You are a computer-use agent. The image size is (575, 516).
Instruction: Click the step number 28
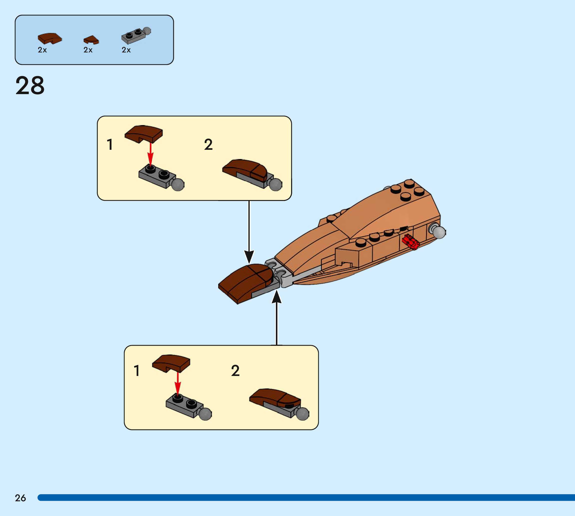[30, 86]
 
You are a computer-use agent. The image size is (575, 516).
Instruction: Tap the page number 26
[20, 498]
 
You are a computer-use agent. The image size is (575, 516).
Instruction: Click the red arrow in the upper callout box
[151, 155]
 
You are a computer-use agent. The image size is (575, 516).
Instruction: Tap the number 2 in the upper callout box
[208, 145]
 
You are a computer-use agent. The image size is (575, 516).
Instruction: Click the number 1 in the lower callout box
[137, 371]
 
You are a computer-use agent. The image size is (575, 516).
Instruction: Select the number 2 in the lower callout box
[235, 371]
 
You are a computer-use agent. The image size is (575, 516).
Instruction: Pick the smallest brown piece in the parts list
[91, 40]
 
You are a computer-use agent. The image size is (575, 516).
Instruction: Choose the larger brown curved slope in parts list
[50, 38]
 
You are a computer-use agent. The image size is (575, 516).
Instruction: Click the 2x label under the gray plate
[126, 50]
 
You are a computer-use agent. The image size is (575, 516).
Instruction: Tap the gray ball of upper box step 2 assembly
[275, 185]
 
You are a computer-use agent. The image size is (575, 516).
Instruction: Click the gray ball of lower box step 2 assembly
[302, 414]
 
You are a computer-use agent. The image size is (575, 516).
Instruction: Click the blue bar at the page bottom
[306, 498]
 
